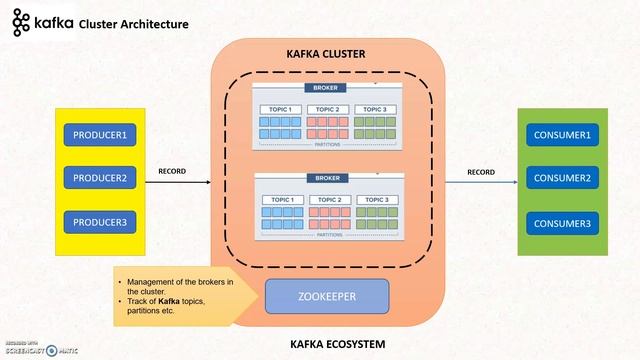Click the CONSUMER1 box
click(x=563, y=134)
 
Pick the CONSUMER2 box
click(x=563, y=178)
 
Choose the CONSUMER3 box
click(x=563, y=222)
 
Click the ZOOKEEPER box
click(x=326, y=297)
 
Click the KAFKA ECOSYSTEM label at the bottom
click(x=326, y=345)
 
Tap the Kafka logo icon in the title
click(x=20, y=22)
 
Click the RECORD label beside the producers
click(x=172, y=171)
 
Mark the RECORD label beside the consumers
click(x=481, y=171)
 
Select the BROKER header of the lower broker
click(x=326, y=178)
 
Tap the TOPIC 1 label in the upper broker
click(x=279, y=109)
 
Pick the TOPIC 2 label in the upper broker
click(x=327, y=109)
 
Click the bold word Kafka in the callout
click(x=167, y=301)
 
